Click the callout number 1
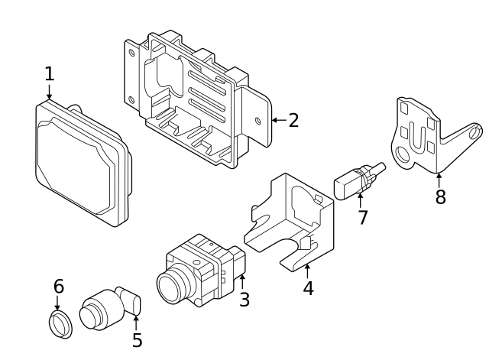49,74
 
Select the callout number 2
293,120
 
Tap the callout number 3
244,300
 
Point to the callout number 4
308,288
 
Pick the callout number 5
137,340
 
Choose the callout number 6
58,287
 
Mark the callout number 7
363,217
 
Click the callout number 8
440,197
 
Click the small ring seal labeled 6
60,324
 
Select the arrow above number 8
439,178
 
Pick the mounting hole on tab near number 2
257,120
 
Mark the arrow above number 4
307,269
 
